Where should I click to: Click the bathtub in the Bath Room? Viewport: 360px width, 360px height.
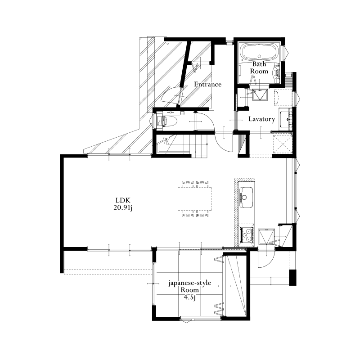(259, 52)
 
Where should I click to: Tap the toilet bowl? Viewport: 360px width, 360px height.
(169, 121)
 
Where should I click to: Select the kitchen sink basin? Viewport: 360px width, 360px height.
(246, 197)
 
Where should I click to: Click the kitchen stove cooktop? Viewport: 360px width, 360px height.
(247, 235)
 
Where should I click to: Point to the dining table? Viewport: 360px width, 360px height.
(195, 199)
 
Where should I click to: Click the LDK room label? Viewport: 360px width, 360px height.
(123, 200)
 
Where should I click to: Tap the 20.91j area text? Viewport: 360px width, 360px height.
(123, 208)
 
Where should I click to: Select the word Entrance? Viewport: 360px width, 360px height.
(207, 84)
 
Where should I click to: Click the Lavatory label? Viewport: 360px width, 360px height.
(262, 119)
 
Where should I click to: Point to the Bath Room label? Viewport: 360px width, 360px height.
(259, 67)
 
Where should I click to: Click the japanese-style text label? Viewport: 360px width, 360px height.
(190, 283)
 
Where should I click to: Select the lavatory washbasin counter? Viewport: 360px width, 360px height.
(286, 119)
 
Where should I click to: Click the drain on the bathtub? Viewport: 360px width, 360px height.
(260, 56)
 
